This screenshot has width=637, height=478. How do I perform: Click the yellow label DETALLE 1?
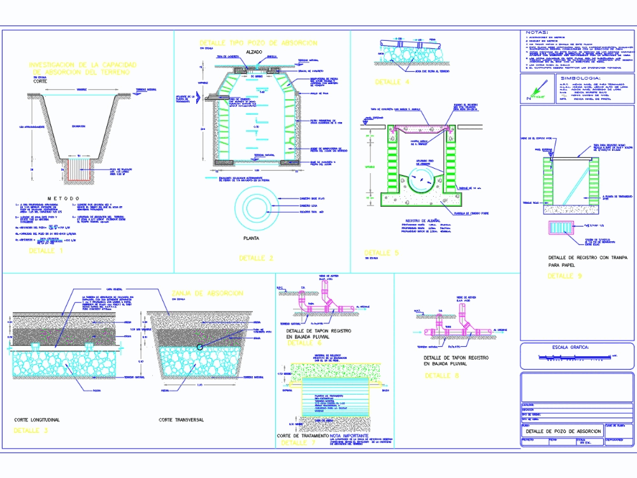[x=46, y=251]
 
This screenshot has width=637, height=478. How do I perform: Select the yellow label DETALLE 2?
[x=255, y=258]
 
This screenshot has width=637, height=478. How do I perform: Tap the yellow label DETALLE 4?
[x=392, y=82]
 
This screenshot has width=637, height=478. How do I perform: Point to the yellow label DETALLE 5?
[x=381, y=253]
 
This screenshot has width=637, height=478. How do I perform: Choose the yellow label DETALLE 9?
[x=565, y=276]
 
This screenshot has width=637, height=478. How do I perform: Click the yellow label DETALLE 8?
[x=441, y=376]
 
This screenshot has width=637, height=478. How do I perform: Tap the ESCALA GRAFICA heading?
[x=566, y=348]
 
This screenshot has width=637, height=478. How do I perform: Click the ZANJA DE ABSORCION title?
[x=207, y=293]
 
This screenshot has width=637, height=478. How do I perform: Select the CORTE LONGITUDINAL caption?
[x=37, y=420]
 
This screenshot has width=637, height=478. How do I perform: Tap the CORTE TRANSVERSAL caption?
[x=182, y=420]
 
